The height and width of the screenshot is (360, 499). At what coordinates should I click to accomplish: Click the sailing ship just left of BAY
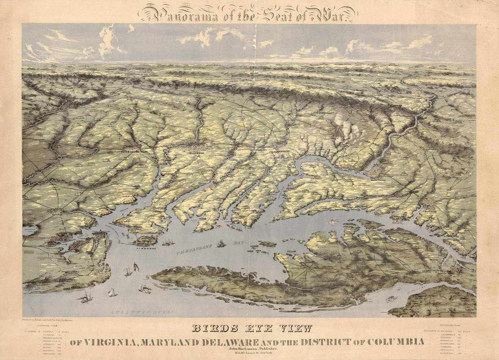[x=221, y=244]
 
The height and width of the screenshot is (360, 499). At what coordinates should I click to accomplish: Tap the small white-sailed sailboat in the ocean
[x=112, y=292]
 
